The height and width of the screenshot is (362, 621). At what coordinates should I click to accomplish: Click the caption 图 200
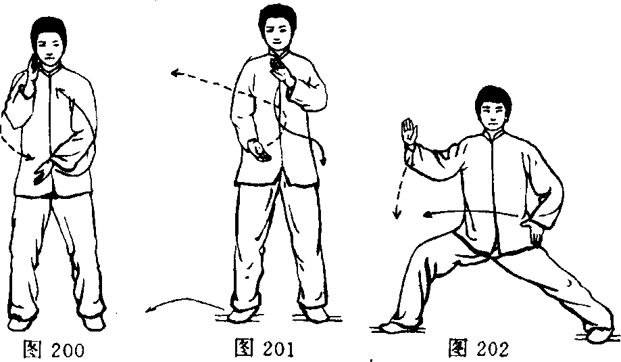point(54,349)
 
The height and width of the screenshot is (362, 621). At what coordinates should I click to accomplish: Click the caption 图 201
point(265,348)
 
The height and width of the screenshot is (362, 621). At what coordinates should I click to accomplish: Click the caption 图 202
point(478,348)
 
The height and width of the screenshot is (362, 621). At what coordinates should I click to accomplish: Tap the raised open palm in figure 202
point(409,132)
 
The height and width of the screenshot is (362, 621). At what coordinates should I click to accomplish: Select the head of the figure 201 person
point(277,27)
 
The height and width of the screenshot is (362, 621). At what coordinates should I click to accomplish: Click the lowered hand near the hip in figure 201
point(258,152)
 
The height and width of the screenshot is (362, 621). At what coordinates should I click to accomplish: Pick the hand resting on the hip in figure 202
point(532,231)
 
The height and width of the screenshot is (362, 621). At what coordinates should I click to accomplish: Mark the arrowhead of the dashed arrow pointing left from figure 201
point(176,72)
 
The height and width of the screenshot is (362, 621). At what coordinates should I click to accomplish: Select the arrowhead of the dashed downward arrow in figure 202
point(397,214)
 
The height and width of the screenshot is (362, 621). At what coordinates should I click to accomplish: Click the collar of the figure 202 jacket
point(494,137)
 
